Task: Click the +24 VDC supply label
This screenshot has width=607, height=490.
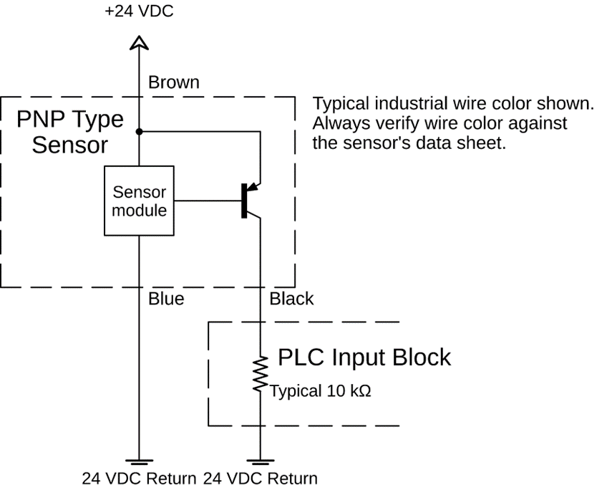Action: [x=139, y=11]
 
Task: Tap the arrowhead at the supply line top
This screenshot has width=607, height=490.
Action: [x=139, y=43]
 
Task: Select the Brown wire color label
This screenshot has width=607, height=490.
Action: [x=173, y=83]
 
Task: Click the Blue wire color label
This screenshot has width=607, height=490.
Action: [x=166, y=299]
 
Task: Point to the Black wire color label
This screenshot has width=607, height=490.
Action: [x=291, y=299]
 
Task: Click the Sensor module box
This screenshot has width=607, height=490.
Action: [x=139, y=201]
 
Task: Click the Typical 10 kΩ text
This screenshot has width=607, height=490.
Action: [x=321, y=392]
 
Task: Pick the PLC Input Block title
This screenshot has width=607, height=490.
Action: [x=364, y=357]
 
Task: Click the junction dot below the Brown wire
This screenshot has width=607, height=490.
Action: [x=139, y=132]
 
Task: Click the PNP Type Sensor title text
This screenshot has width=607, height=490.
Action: [x=70, y=132]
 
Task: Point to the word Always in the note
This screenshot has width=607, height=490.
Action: [x=337, y=123]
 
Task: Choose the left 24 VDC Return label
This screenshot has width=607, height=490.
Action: [x=138, y=479]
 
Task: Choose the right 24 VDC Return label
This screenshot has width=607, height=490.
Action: [x=260, y=479]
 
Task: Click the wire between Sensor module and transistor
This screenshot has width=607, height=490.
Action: [x=208, y=201]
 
